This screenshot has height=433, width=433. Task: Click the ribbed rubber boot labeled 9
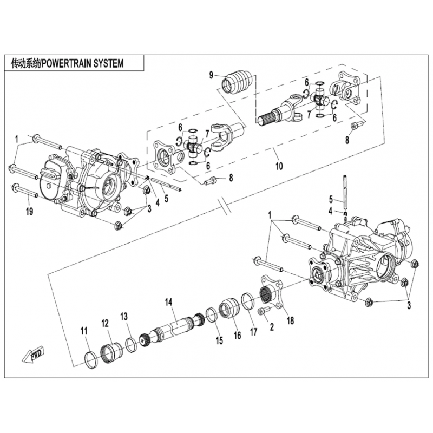tap(235, 83)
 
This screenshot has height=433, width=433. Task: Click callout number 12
tap(105, 323)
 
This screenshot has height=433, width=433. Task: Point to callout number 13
tap(124, 316)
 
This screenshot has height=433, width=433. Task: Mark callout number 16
tap(237, 336)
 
